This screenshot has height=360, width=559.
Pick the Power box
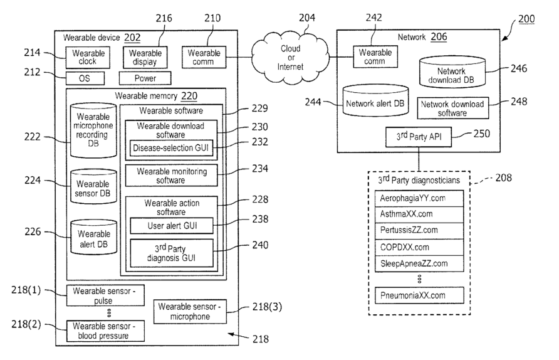[145, 78]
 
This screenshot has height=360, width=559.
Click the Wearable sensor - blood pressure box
[105, 331]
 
